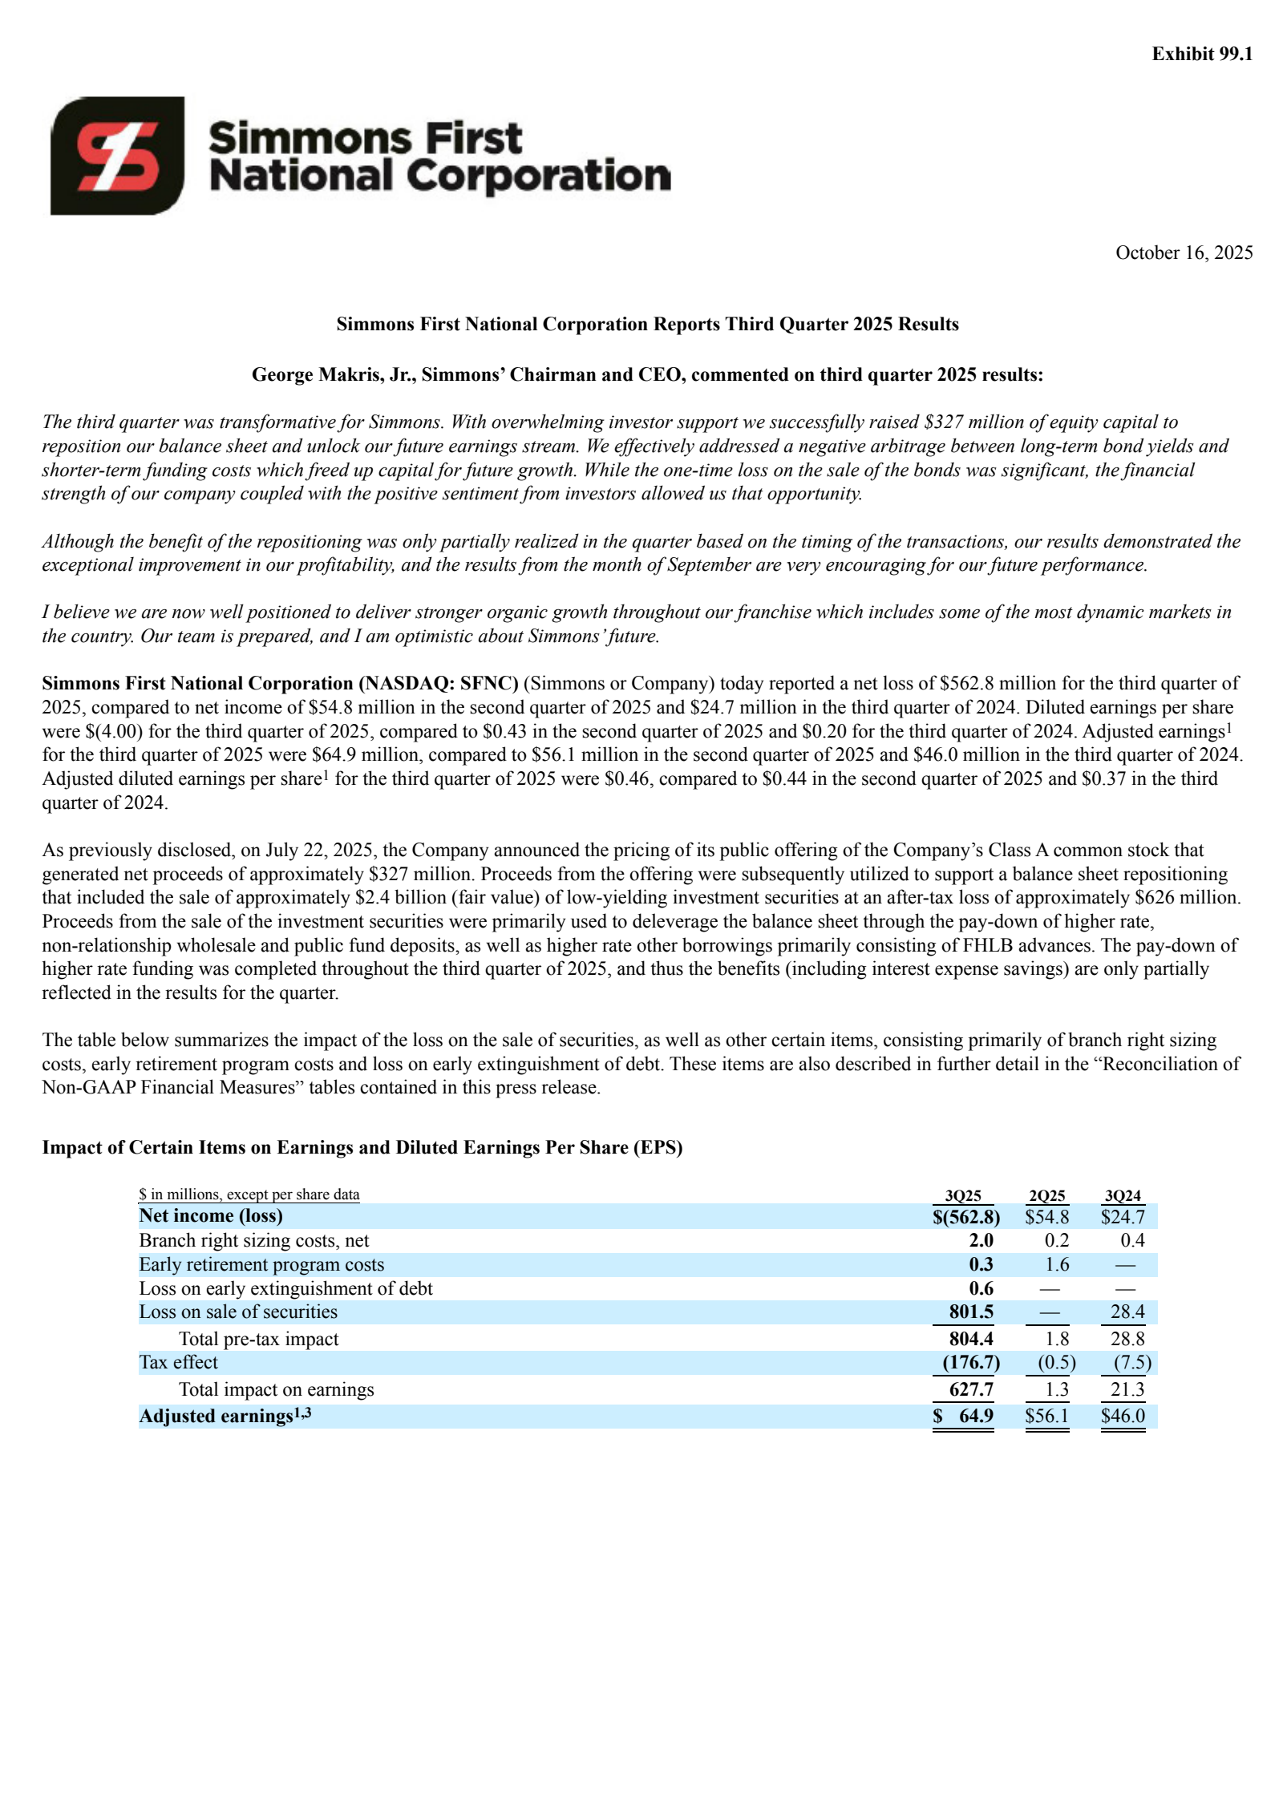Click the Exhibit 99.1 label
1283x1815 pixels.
(1201, 54)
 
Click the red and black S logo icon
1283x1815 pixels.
(117, 156)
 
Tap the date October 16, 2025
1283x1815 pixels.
(1184, 253)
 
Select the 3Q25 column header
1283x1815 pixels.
(962, 1195)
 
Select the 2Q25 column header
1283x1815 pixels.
(1046, 1195)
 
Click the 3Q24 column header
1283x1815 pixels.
(1122, 1195)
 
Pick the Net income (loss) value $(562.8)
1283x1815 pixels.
(965, 1217)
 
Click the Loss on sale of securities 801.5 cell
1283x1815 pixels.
(970, 1312)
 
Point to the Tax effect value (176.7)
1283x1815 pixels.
(970, 1362)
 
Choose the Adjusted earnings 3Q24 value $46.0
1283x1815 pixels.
(1123, 1416)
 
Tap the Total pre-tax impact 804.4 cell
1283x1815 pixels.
(970, 1339)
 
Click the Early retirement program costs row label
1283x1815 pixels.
(261, 1264)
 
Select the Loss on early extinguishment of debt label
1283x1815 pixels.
(285, 1288)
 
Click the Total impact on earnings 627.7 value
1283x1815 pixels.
(970, 1389)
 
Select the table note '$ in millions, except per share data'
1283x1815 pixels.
(249, 1195)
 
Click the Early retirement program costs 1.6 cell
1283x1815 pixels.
(1056, 1264)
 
